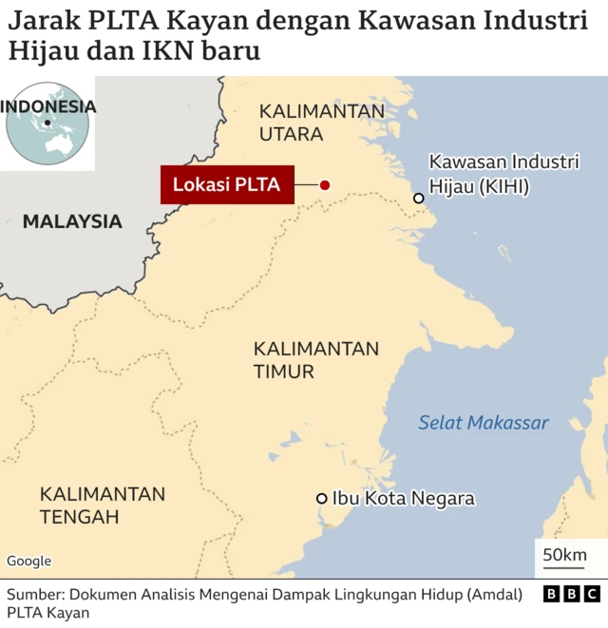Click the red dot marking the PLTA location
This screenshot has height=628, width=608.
(324, 185)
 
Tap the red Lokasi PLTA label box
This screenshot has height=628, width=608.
(226, 185)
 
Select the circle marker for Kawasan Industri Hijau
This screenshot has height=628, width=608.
(418, 198)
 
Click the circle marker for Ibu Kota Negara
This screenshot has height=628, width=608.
(322, 498)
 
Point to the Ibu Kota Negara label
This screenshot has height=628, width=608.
(403, 498)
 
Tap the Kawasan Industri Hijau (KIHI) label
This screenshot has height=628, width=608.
(503, 175)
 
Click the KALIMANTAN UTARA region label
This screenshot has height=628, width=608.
(321, 123)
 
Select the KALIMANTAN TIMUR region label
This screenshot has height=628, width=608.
(315, 359)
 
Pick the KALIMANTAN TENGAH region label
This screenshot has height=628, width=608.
(102, 505)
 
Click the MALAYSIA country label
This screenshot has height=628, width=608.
(72, 221)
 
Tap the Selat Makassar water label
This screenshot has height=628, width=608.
(484, 423)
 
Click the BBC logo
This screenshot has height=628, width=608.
(571, 594)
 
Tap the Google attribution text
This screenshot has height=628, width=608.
(29, 561)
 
